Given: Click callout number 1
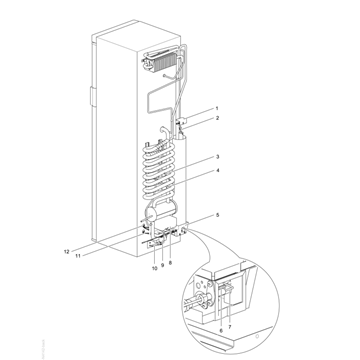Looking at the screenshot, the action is (217, 108).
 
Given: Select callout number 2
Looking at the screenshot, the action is (217, 118).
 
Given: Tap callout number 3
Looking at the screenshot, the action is (217, 157).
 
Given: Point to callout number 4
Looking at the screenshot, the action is (217, 171).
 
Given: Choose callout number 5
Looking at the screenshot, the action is (217, 215).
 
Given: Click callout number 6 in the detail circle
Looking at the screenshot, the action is (221, 330).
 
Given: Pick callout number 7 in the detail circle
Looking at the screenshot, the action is (230, 327).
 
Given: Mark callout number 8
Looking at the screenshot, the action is (170, 263).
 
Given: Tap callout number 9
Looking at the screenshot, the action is (163, 265).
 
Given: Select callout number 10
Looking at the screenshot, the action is (155, 268).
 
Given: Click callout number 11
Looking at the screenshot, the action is (78, 256).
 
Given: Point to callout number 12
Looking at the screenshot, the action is (66, 252).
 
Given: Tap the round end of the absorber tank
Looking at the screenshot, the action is (150, 212).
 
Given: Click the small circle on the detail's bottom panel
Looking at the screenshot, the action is (257, 337).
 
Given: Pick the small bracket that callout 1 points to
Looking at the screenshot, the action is (182, 120).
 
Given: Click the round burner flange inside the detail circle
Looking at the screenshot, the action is (202, 298).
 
